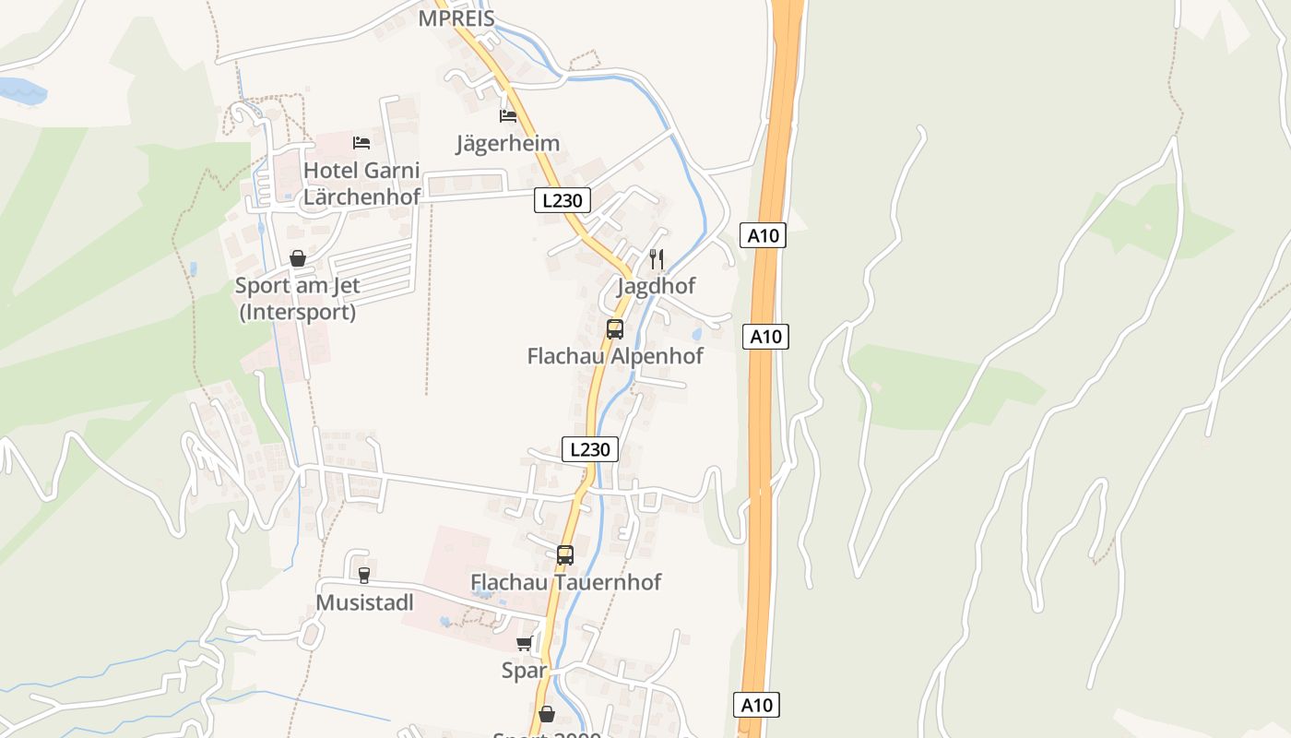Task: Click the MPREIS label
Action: coord(456,18)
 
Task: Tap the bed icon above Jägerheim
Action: coord(508,116)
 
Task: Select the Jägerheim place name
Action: coord(508,143)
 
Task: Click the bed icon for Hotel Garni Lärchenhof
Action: coord(361,143)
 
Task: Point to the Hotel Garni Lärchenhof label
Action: coord(361,183)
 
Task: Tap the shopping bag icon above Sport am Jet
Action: coord(297,258)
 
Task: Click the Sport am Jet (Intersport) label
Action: coord(297,299)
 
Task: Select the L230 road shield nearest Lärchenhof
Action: coord(562,200)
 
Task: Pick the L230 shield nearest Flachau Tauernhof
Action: coord(590,449)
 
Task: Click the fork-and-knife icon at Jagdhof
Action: coord(657,259)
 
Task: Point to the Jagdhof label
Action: coord(656,286)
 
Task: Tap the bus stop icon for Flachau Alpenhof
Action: coord(615,329)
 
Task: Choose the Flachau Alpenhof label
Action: coord(615,356)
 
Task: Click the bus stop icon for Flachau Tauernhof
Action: coord(565,555)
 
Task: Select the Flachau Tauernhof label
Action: coord(566,582)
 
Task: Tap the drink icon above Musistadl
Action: coord(364,576)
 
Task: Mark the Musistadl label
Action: coord(364,602)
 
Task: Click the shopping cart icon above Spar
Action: coord(525,643)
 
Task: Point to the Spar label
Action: coord(524,671)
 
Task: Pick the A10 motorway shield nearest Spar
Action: coord(757,705)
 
